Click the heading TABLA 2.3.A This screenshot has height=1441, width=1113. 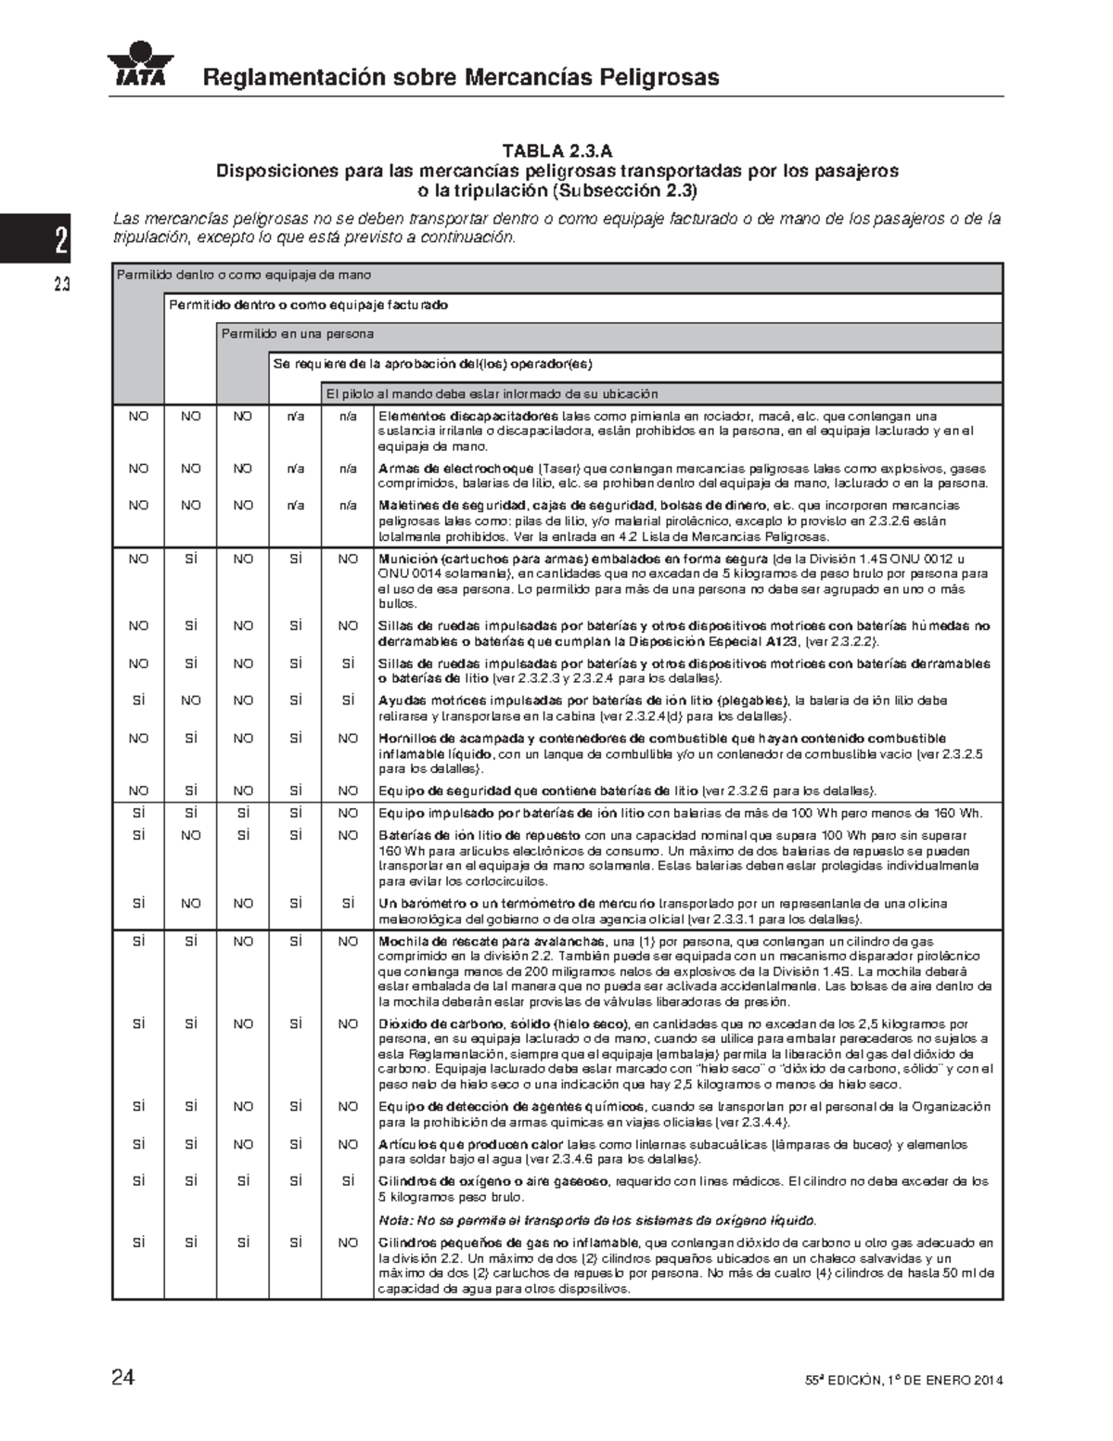tap(557, 151)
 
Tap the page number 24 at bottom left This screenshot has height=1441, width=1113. tap(122, 1378)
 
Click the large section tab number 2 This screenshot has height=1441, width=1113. tap(60, 240)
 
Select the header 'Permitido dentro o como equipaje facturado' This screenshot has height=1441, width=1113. tap(308, 304)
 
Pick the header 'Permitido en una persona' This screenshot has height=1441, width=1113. tap(297, 334)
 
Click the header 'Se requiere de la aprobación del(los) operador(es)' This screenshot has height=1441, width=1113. tap(432, 364)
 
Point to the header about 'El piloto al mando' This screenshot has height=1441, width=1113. tap(491, 393)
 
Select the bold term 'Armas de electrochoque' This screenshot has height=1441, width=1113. tap(455, 469)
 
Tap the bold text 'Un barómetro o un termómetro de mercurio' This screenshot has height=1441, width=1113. tap(518, 904)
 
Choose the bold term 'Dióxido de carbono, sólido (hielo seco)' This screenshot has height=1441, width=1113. tap(504, 1024)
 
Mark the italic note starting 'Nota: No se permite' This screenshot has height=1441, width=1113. tap(597, 1219)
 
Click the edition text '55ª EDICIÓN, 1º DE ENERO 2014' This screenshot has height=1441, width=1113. tap(903, 1381)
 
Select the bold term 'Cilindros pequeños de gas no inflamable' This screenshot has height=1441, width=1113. tap(508, 1243)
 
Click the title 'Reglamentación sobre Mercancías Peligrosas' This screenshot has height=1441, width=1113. tap(461, 77)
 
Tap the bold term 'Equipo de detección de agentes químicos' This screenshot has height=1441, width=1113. tap(511, 1107)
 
